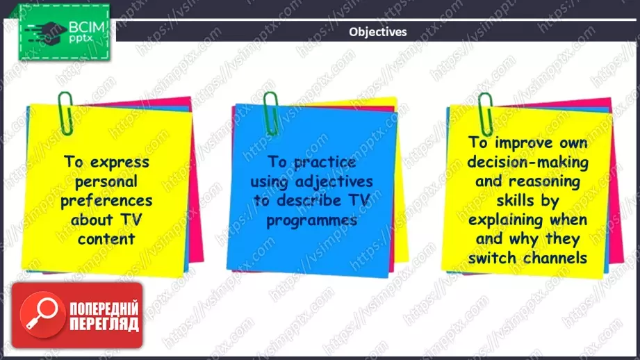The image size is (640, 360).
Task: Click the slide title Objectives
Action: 377,32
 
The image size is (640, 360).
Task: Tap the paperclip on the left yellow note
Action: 65,113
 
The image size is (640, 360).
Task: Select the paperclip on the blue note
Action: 270,113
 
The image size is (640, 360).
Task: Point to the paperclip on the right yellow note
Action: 485,114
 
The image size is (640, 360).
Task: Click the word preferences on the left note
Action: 106,201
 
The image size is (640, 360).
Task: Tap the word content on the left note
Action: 106,239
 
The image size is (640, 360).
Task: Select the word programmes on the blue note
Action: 312,221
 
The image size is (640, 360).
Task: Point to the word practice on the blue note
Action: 325,163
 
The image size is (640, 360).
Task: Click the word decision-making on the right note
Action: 527,162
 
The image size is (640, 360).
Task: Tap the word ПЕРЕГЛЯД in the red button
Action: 104,324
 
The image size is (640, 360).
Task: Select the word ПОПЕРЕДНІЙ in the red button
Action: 104,309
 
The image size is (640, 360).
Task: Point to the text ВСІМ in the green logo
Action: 87,27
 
